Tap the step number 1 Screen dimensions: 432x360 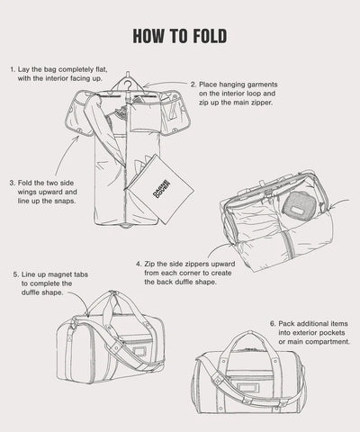pos(12,68)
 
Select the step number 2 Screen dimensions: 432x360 pos(193,84)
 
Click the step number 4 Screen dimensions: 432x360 pos(138,264)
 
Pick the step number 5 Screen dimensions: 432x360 pos(16,274)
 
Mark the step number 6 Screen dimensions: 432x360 pos(272,322)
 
